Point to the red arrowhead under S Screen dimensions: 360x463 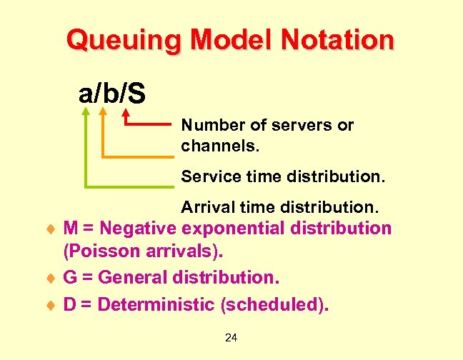127,113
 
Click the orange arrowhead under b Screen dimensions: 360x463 104,111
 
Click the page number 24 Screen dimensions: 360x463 231,337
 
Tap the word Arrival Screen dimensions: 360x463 206,208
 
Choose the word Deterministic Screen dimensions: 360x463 156,304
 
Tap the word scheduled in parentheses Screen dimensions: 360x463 274,304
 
